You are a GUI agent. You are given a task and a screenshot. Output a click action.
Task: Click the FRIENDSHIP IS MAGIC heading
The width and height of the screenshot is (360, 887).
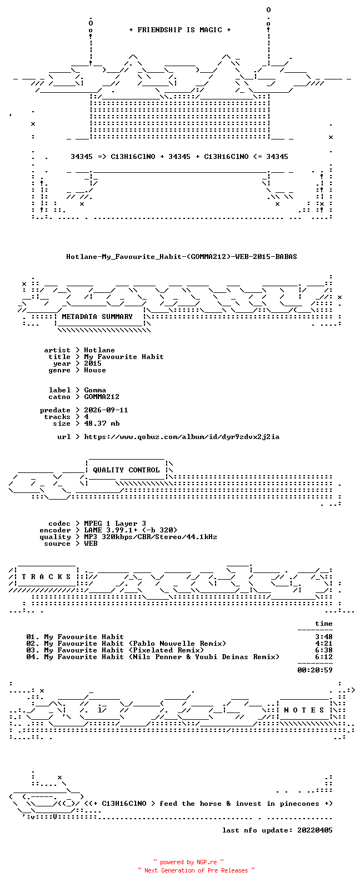[x=180, y=29]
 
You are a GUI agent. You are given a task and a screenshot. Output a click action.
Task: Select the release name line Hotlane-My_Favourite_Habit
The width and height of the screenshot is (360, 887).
[x=181, y=257]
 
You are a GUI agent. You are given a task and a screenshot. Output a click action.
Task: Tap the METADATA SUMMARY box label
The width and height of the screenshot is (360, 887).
[x=97, y=316]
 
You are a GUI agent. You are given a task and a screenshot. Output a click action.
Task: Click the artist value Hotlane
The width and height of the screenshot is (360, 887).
[x=99, y=350]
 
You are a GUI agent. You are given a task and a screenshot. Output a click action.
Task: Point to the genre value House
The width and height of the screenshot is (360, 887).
[x=95, y=370]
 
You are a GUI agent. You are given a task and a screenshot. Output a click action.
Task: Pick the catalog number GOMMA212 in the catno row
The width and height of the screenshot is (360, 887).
[x=102, y=396]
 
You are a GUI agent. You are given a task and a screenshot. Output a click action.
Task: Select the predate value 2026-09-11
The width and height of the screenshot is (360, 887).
[x=106, y=410]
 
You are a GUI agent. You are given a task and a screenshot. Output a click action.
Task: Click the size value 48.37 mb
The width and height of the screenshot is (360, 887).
[x=102, y=423]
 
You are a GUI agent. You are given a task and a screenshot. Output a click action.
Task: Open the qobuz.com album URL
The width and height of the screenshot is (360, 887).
[x=182, y=437]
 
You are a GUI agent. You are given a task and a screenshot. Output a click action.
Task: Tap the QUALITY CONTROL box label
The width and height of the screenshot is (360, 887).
[x=126, y=470]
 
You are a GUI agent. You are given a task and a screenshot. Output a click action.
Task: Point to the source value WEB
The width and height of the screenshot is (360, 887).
[x=91, y=544]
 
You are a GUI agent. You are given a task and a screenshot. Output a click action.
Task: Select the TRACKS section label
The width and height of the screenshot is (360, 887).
[x=46, y=576]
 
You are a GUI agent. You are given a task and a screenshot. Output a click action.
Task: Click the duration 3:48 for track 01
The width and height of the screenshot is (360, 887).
[x=323, y=637]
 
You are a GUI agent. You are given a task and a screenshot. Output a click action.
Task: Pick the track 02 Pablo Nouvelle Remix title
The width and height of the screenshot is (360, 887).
[x=135, y=644]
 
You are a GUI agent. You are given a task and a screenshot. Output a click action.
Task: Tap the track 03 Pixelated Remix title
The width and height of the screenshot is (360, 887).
[x=124, y=650]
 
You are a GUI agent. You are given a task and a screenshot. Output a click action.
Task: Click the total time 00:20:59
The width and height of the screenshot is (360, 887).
[x=315, y=670]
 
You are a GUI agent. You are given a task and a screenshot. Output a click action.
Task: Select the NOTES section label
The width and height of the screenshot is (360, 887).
[x=304, y=710]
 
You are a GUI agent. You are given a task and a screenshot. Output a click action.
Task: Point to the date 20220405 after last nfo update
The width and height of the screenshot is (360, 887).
[x=315, y=830]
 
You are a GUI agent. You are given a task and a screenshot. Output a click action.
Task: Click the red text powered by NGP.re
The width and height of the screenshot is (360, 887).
[x=188, y=862]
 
